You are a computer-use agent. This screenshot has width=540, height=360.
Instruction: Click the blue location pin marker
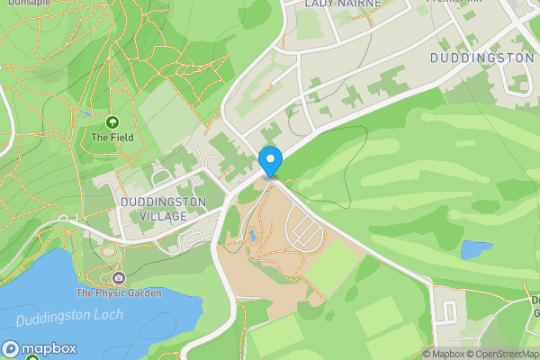(x=271, y=161)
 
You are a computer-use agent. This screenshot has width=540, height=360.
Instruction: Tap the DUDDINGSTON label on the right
(x=481, y=58)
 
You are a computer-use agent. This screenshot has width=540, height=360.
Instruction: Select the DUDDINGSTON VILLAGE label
(x=163, y=209)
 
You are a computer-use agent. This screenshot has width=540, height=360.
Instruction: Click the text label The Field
(x=112, y=138)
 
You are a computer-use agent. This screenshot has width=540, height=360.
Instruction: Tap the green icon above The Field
(x=112, y=121)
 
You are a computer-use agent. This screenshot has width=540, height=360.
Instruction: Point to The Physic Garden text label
(x=119, y=292)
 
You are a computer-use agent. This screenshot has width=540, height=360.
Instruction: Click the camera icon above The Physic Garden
(x=119, y=277)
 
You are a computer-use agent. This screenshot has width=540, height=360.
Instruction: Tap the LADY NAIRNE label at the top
(x=342, y=4)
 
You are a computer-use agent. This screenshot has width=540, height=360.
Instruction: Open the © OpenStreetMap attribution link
(x=501, y=354)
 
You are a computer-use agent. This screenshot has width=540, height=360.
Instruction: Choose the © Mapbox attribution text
(x=442, y=354)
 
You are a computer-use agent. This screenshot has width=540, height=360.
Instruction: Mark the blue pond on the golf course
(x=476, y=249)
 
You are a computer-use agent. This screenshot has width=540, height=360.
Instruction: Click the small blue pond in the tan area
(x=254, y=237)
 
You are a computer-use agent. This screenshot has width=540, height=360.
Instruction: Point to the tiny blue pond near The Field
(x=88, y=114)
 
